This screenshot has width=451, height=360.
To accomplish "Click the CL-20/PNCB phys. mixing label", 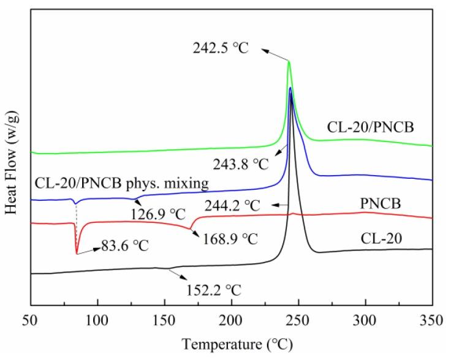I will coord(112,182).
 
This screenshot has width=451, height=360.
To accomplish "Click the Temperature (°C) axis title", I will coord(232,344).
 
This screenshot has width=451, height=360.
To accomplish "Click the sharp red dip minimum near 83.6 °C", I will coord(77,253).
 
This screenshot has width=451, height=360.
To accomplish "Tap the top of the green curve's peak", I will coord(289,61).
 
